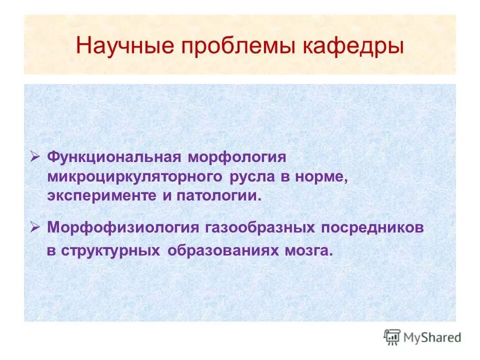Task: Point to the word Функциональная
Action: (113, 157)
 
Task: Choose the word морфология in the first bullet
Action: (237, 157)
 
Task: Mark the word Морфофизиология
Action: (123, 228)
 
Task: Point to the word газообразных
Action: (260, 228)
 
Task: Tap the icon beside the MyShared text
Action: (392, 337)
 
